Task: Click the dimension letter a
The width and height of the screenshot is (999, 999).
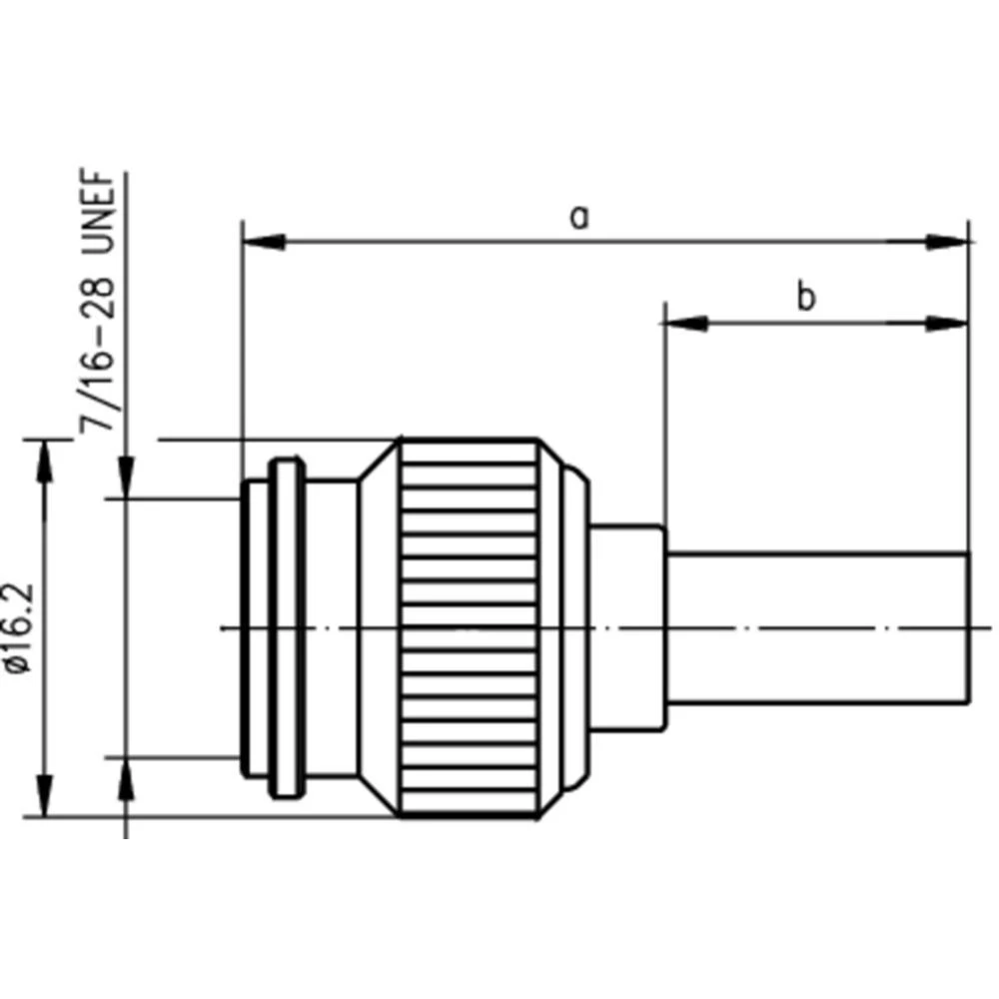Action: click(x=578, y=215)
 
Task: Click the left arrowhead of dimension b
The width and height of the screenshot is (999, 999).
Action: click(x=684, y=323)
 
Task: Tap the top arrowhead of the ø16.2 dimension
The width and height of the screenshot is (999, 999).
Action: click(x=44, y=460)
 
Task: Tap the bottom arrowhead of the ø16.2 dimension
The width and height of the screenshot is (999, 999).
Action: click(x=44, y=795)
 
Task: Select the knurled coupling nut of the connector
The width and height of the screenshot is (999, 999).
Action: click(x=470, y=627)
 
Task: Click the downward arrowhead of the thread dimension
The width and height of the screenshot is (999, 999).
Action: click(x=127, y=478)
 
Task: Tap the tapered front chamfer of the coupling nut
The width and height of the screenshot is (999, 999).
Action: click(x=380, y=627)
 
